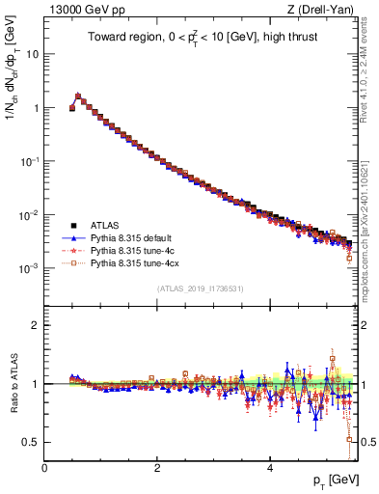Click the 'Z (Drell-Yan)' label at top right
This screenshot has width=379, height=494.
coord(325,10)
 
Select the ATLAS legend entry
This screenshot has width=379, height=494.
coord(105,222)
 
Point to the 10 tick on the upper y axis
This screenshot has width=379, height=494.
coord(33,54)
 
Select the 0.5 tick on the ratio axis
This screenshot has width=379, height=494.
coord(31,442)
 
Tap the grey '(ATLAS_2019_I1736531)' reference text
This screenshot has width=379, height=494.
coord(201,288)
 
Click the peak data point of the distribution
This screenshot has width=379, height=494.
coord(78,96)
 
